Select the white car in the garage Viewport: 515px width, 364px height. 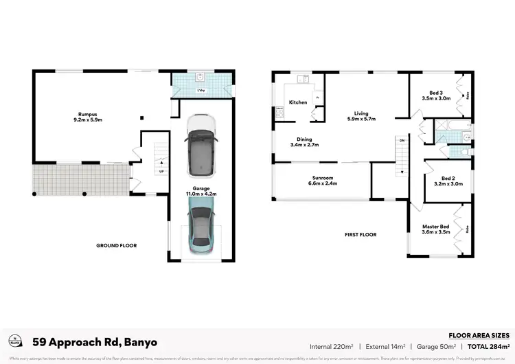(x=201, y=143)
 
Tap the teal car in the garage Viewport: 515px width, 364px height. (x=200, y=230)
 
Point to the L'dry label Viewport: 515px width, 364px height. (x=201, y=91)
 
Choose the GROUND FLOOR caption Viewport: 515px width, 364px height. (x=116, y=245)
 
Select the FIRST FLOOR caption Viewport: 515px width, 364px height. (x=360, y=234)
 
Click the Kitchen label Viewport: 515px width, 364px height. (x=298, y=102)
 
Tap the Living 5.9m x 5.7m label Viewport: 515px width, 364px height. (x=361, y=117)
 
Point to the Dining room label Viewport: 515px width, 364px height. (x=305, y=142)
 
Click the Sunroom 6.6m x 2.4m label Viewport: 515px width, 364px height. (x=321, y=181)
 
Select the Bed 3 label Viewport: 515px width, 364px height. (x=436, y=95)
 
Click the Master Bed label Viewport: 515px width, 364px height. (x=435, y=230)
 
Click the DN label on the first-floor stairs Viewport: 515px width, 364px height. (x=402, y=141)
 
